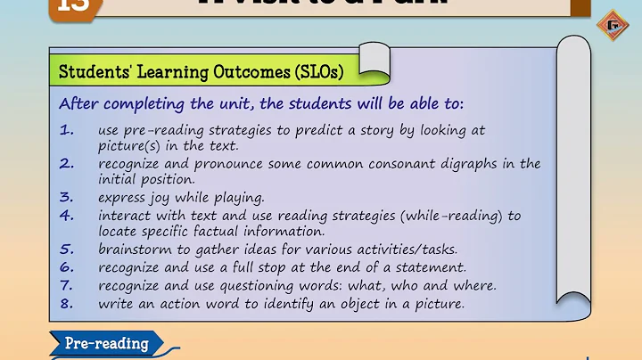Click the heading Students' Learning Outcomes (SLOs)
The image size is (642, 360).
tap(201, 71)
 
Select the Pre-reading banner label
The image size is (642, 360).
tap(106, 343)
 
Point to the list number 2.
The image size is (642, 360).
tap(67, 164)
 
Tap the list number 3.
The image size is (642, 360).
tap(67, 198)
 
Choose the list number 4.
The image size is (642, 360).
tap(67, 216)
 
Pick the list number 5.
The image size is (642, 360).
tap(67, 250)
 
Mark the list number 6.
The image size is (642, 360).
tap(67, 266)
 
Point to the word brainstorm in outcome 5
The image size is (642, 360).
tap(134, 250)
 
